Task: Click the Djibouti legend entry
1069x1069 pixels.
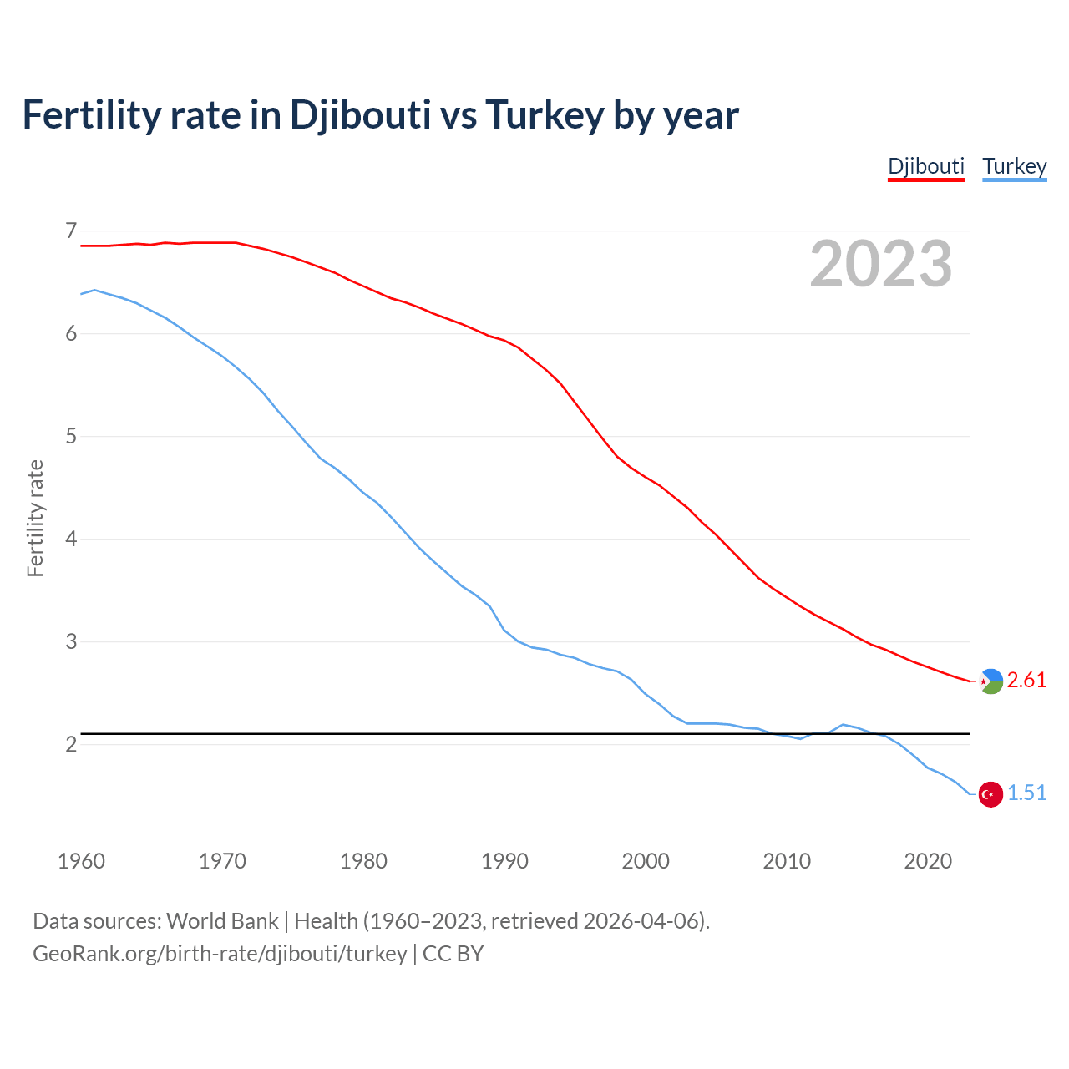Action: [925, 166]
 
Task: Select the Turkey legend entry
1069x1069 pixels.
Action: [1014, 166]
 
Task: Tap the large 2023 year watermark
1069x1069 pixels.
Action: [880, 264]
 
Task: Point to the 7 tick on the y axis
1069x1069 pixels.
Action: [71, 231]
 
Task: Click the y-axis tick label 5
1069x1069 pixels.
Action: [71, 436]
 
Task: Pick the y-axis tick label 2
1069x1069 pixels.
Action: [71, 744]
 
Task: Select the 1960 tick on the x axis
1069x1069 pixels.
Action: [81, 861]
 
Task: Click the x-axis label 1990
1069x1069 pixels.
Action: [504, 861]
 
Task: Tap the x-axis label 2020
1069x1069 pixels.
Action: [928, 861]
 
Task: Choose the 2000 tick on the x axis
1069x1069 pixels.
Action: [646, 861]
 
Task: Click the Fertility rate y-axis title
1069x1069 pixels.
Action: [35, 518]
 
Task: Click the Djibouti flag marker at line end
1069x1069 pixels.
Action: [990, 681]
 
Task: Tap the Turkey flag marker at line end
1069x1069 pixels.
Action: [990, 794]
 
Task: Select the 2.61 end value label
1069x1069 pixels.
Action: [1026, 681]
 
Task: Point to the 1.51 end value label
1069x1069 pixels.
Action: [1026, 793]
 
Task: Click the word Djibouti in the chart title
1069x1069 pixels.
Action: [360, 115]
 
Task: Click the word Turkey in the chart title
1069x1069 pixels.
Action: [544, 115]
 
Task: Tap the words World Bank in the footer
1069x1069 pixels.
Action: [222, 921]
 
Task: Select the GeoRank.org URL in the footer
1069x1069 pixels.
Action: [220, 954]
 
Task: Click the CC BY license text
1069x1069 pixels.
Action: [453, 954]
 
